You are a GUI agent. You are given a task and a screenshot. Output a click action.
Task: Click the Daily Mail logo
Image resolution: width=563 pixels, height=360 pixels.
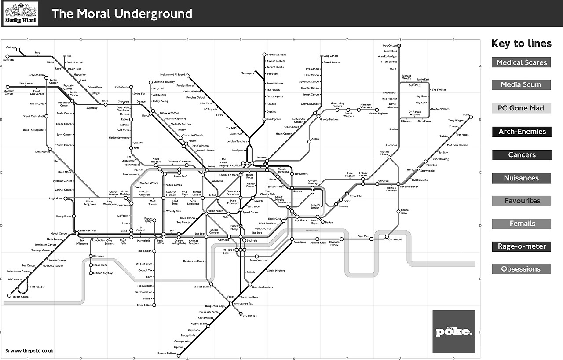21,14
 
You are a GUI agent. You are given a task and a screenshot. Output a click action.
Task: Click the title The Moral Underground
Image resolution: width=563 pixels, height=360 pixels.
122,14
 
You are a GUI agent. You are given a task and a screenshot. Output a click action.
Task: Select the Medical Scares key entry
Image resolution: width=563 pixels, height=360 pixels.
521,62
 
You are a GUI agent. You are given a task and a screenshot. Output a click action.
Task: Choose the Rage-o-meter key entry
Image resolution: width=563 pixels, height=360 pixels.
521,246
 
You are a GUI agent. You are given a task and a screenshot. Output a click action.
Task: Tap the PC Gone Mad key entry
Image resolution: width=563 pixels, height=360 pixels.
521,108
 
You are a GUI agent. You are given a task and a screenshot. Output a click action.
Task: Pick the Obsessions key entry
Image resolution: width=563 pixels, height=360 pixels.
521,269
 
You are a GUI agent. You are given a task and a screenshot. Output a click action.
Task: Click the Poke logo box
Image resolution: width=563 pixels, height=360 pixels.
453,331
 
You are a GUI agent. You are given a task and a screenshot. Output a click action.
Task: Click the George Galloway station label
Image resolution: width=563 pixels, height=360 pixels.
168,353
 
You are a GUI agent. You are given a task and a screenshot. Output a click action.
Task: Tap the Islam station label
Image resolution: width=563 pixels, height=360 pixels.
466,115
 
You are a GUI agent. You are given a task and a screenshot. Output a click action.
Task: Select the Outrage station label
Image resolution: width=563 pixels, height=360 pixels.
11,48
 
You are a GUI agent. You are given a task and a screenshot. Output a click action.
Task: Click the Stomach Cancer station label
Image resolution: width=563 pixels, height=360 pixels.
9,92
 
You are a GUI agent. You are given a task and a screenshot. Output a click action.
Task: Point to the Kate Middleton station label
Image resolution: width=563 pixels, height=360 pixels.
409,187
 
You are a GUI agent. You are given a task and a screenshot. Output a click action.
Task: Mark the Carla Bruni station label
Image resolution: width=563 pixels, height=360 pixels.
395,240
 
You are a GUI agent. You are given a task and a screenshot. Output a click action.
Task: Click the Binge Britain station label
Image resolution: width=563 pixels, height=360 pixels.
144,305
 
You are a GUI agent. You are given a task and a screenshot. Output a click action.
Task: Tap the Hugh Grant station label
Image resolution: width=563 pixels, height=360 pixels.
56,198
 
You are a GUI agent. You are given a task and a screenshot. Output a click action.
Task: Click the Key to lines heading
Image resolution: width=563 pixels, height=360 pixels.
521,43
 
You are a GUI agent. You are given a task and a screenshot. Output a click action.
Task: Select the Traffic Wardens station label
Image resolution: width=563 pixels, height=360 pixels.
276,55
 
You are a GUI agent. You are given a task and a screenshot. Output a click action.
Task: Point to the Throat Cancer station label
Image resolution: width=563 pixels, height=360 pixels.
21,297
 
